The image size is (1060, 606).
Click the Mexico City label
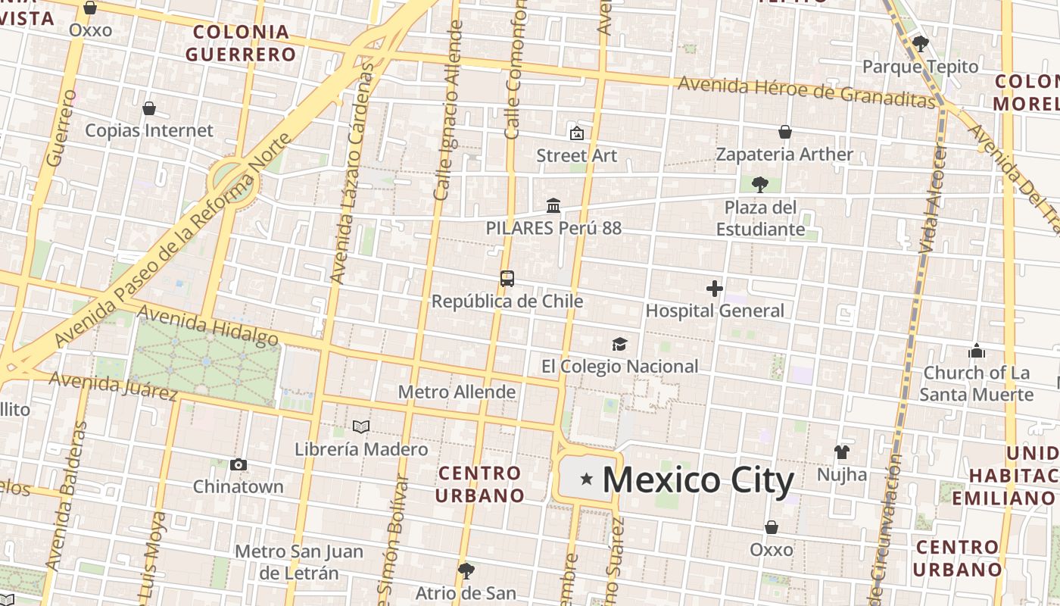(x=698, y=480)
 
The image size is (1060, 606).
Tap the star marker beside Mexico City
(x=586, y=479)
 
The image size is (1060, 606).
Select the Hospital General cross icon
(x=714, y=289)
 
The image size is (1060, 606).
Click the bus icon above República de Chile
(x=507, y=279)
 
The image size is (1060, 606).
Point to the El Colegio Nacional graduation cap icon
(x=620, y=345)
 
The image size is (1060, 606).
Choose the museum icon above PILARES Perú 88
(x=553, y=206)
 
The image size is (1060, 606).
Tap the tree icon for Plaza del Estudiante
(x=760, y=185)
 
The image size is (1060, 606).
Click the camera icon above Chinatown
(x=238, y=464)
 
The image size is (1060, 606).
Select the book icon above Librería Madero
(x=361, y=427)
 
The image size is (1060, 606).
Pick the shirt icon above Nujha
(x=842, y=452)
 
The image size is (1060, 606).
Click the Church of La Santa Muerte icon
(x=977, y=351)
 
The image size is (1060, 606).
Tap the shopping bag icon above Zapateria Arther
(x=785, y=133)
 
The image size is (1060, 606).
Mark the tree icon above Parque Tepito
(x=921, y=44)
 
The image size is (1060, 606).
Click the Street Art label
(x=577, y=155)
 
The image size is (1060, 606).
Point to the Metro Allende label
(x=457, y=392)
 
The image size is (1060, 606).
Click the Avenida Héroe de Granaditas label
(x=806, y=91)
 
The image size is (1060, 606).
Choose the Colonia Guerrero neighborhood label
(x=241, y=43)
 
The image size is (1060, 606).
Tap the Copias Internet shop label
(x=149, y=130)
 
